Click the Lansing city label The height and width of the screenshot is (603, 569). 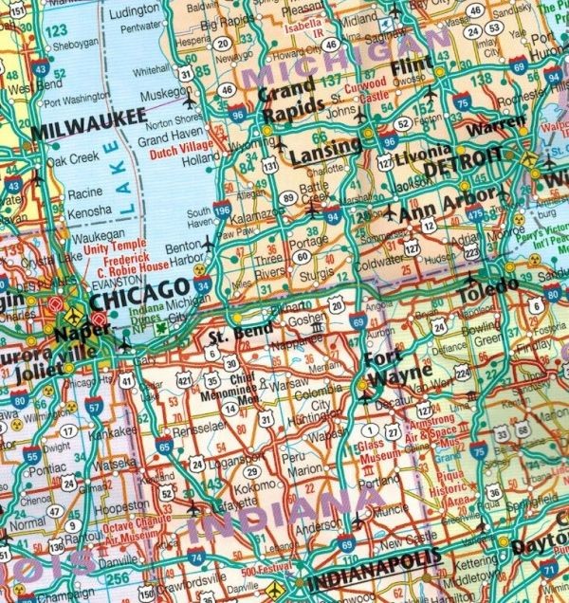(316, 147)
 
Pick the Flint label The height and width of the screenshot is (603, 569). (412, 65)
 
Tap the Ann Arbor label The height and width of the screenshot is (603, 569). (446, 204)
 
